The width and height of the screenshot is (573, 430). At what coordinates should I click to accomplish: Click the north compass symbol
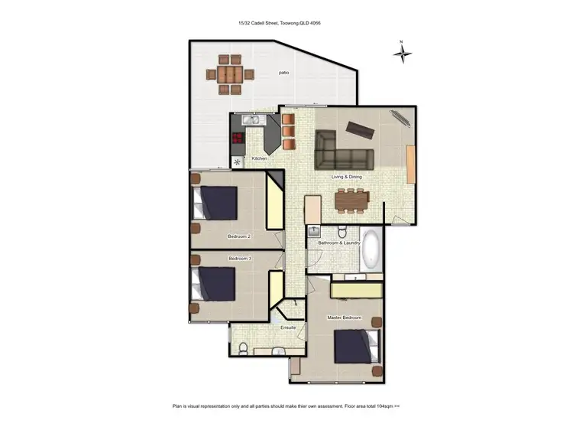(402, 53)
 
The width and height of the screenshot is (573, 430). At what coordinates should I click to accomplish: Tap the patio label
(283, 73)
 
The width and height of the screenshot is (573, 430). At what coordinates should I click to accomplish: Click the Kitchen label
(259, 158)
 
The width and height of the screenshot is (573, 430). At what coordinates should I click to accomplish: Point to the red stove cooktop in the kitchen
(238, 138)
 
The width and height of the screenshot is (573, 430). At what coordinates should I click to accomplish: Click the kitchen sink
(253, 120)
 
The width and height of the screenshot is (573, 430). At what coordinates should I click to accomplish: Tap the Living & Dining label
(346, 177)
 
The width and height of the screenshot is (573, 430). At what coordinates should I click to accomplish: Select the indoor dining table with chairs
(352, 201)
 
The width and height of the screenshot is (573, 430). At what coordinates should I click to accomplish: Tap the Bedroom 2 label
(239, 236)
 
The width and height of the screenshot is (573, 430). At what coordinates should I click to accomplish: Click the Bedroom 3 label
(239, 259)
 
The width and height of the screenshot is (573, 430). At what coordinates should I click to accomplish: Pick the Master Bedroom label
(345, 317)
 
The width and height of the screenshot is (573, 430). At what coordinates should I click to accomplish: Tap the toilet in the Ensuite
(242, 348)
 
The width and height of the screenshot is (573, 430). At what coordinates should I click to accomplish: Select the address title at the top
(279, 24)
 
